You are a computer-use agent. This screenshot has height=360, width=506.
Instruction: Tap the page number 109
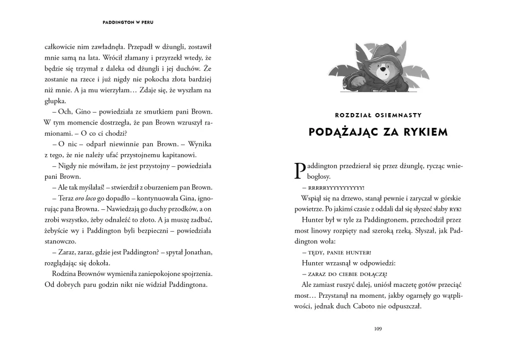[x=378, y=329]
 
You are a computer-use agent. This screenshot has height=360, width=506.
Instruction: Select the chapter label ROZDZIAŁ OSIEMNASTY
[x=378, y=116]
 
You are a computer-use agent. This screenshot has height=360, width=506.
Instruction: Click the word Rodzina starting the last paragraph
[x=65, y=274]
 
